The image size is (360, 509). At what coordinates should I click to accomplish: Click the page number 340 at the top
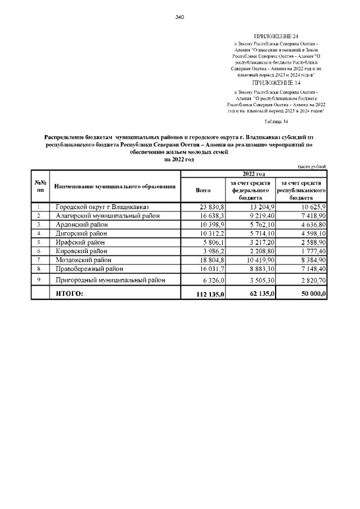click(x=180, y=17)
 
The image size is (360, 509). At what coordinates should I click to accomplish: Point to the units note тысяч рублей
click(x=312, y=166)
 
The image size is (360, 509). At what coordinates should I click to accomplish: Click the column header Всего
click(x=202, y=191)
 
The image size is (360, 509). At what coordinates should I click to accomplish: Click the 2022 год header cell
click(x=254, y=174)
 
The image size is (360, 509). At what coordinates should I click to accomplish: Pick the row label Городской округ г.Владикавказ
click(x=102, y=206)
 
